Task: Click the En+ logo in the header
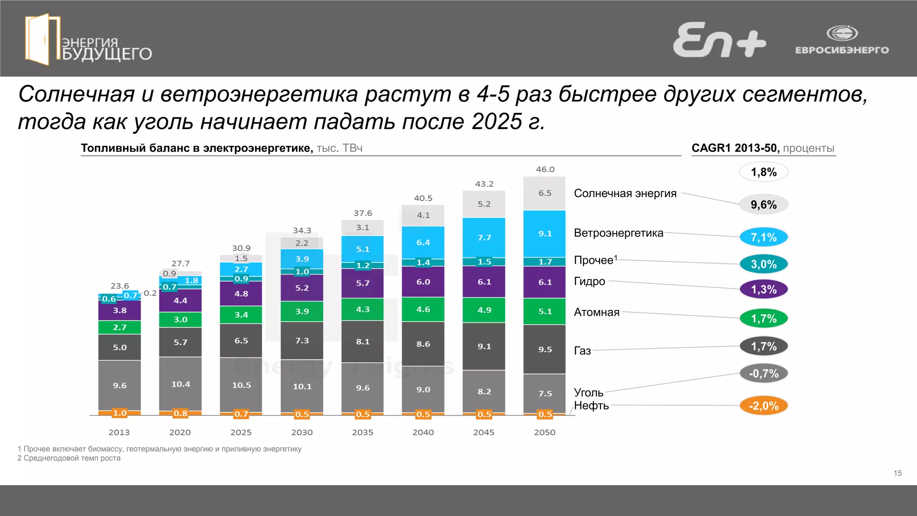coord(719,40)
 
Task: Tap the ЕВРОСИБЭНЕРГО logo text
coord(842,50)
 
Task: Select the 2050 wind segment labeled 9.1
coord(544,234)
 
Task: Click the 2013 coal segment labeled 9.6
coord(120,385)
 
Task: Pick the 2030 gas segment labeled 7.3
coord(302,340)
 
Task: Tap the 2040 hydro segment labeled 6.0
coord(423,282)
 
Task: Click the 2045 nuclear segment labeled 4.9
coord(484,310)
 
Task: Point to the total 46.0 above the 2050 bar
coord(545,169)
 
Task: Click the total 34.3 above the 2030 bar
coord(302,231)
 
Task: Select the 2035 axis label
coord(362,432)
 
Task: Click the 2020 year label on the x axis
coord(180,432)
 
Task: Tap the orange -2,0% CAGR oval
coord(763,406)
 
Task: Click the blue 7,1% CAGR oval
coord(763,237)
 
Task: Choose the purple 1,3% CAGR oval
coord(763,289)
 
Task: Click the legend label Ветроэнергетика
coord(618,233)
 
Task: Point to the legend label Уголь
coord(588,393)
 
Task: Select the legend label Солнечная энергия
coord(625,193)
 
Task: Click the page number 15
coord(897,473)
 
